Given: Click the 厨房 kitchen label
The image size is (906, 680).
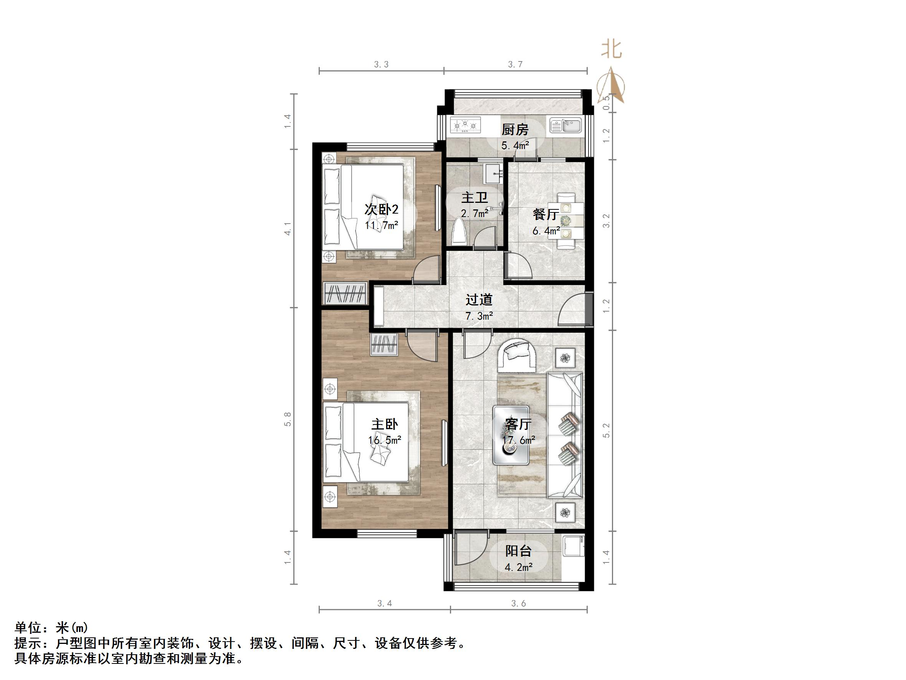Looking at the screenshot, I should pos(515,129).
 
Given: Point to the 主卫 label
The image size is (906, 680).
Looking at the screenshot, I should pos(474,197).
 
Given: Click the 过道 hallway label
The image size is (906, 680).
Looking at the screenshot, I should pos(478,300).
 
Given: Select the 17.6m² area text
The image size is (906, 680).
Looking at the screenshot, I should pos(519,440).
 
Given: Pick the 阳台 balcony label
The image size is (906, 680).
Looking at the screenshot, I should pos(518,551).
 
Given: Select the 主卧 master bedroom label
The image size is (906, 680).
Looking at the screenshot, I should pos(384,424).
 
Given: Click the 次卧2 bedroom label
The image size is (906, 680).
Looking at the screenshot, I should pos(381,209).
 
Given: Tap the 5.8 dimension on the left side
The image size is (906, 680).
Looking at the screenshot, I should pos(288,419).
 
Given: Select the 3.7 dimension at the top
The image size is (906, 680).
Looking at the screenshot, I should pos(515,65).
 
